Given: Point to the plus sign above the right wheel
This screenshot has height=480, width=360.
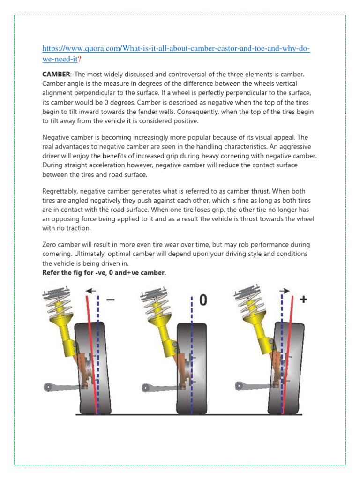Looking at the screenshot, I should [x=303, y=299].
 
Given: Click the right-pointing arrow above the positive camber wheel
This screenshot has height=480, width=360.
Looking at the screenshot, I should [x=285, y=291].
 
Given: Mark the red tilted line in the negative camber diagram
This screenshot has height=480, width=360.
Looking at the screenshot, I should [x=91, y=356].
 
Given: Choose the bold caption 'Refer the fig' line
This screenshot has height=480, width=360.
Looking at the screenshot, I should [x=104, y=272].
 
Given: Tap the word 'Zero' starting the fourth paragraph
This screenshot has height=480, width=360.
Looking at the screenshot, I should [x=50, y=245].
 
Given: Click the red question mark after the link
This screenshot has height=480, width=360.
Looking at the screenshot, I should [x=81, y=60].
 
